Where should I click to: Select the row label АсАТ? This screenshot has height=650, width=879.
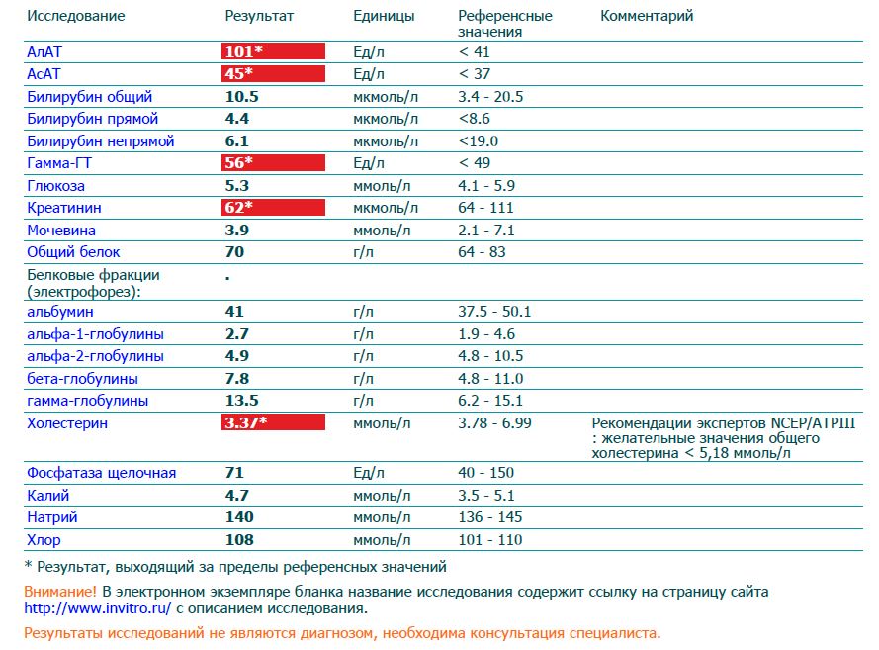pos(45,74)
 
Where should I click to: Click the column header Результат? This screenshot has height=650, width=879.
pos(259,16)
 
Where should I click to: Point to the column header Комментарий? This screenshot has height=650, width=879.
pos(647,16)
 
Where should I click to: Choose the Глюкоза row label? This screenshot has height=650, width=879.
pos(55,185)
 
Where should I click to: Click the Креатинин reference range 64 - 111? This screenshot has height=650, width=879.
pos(487,208)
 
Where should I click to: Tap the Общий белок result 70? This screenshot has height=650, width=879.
pos(234,252)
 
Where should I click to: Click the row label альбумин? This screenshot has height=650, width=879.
pos(59,311)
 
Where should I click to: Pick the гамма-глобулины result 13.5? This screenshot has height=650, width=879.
pos(241,401)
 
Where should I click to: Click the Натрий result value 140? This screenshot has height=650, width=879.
pos(239,517)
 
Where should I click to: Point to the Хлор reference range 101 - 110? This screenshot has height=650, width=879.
pos(490,540)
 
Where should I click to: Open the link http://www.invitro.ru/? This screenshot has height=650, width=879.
pos(97,608)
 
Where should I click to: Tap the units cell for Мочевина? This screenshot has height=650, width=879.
pos(382,230)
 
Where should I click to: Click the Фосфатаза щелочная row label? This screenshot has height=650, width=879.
pos(101,473)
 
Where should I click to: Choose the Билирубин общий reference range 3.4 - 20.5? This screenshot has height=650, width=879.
pos(490,97)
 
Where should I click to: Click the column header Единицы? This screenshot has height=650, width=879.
pos(384,16)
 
